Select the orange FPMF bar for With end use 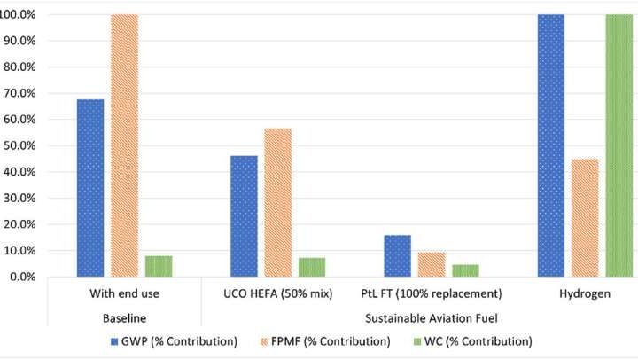[x=124, y=145]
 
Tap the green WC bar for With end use [x=159, y=266]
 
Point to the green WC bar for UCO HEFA [x=312, y=267]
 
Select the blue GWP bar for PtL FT [x=397, y=255]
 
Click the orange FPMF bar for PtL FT [x=432, y=264]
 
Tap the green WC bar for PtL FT [x=465, y=270]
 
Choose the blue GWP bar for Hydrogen [x=550, y=145]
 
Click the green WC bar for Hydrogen [x=619, y=145]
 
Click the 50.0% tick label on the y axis [x=19, y=146]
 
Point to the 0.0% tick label [x=21, y=278]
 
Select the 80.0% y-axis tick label [x=19, y=67]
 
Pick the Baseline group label [x=124, y=316]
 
